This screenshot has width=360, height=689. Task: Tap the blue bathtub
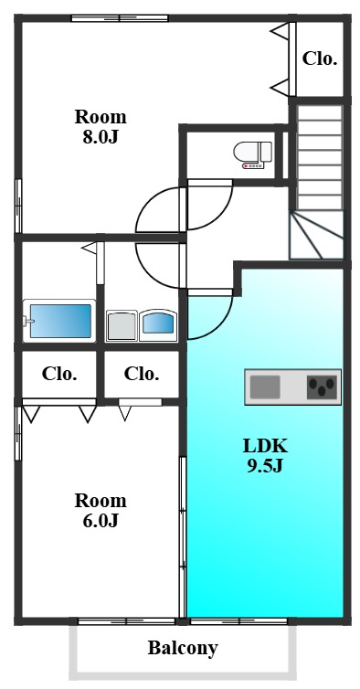point(60,322)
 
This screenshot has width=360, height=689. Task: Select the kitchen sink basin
point(265,387)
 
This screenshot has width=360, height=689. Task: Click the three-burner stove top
point(323,387)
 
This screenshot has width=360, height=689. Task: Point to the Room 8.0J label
point(101,127)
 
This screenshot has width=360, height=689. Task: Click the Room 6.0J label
point(101,510)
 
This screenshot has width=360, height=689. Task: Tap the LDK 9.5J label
point(265,456)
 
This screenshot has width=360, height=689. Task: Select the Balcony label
point(183,648)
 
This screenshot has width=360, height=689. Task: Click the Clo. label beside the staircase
point(320,58)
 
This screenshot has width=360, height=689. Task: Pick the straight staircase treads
point(320,157)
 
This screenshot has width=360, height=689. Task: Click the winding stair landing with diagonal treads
point(316,235)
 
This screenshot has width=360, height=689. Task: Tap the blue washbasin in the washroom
point(158,324)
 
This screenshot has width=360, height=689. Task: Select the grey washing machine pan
point(122,325)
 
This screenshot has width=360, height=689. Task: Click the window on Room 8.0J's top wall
point(120,18)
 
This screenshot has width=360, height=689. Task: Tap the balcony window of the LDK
point(238,621)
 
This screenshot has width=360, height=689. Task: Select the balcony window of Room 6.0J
point(127,621)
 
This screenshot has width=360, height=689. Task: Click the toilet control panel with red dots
point(253,165)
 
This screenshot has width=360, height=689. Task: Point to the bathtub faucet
point(29,322)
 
